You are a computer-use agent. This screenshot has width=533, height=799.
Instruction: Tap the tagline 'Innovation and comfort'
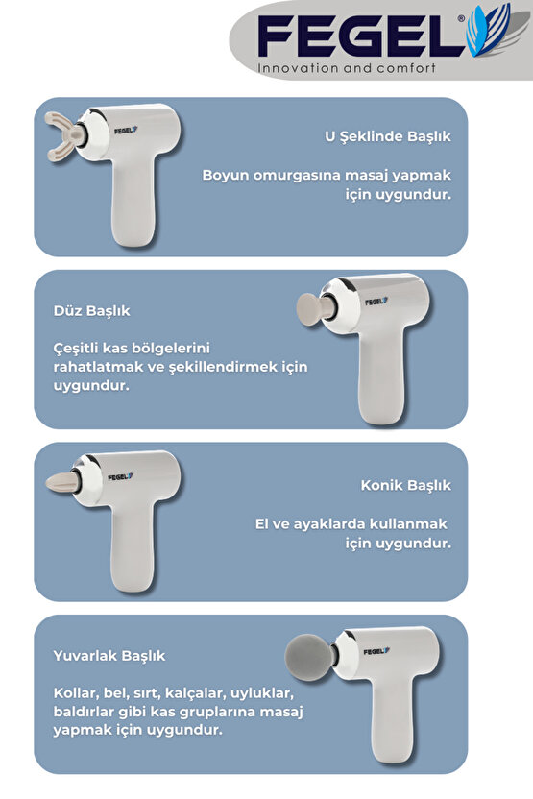click(347, 68)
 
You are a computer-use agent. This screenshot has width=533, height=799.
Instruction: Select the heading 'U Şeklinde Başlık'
click(388, 137)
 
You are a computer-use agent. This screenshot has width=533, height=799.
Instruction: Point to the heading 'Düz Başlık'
click(92, 311)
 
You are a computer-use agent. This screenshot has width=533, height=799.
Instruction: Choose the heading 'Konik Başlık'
click(406, 485)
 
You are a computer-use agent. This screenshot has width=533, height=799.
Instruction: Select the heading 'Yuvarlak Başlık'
click(109, 656)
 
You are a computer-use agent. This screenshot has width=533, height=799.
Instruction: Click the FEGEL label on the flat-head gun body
click(375, 301)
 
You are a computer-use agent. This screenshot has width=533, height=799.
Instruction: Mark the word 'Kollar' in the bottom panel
click(75, 692)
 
